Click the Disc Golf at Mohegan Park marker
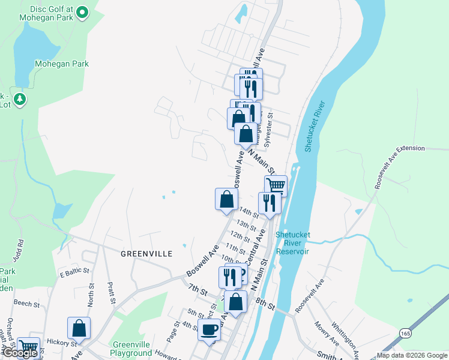click(83, 11)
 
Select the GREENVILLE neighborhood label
click(146, 254)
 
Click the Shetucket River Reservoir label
click(292, 243)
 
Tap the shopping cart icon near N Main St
click(276, 185)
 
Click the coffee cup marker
click(209, 329)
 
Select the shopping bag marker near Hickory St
click(79, 328)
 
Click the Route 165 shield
click(406, 333)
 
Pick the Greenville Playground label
click(131, 349)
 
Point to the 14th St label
click(248, 211)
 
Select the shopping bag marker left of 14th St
click(226, 199)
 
